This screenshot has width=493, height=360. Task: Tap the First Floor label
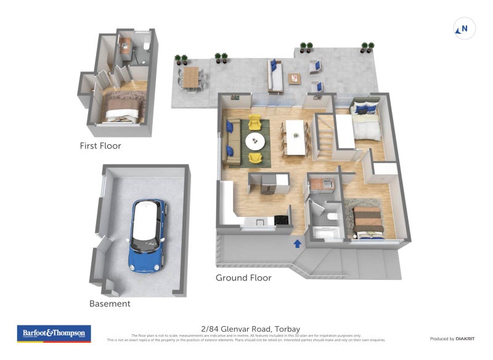coord(100,146)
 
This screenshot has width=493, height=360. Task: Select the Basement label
coord(110,303)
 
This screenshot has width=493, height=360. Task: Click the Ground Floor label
coord(243,278)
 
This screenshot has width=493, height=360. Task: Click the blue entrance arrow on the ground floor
coord(298,243)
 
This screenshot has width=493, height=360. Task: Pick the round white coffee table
coord(255,141)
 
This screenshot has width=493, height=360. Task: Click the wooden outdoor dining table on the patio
coord(192,78)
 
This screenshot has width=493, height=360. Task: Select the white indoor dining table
coord(296,137)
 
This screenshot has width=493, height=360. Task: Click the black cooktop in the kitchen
coord(282,219)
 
